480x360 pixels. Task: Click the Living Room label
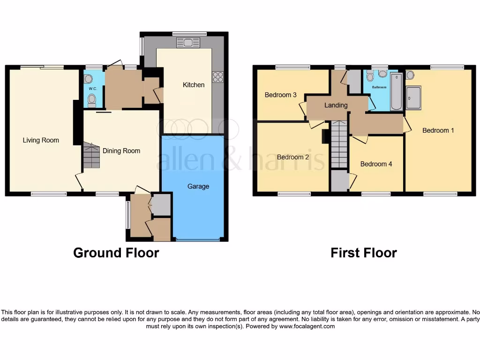click(41, 140)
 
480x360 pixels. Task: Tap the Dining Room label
click(121, 151)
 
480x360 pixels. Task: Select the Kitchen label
click(194, 85)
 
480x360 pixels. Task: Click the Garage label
click(198, 187)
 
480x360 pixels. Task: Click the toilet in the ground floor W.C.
click(92, 100)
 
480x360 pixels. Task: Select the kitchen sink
click(188, 43)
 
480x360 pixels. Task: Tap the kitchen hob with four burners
click(218, 76)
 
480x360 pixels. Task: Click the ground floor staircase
click(92, 156)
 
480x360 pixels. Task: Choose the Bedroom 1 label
click(438, 130)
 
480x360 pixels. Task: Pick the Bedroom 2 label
click(293, 157)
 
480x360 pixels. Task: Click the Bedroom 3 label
click(281, 95)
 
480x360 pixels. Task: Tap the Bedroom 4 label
click(376, 164)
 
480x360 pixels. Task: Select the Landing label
click(336, 105)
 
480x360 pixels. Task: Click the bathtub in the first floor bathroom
click(397, 91)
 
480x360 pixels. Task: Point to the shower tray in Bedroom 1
click(413, 98)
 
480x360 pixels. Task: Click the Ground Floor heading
click(116, 253)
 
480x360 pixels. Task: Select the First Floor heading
click(364, 253)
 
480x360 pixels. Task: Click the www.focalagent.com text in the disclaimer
click(307, 327)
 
